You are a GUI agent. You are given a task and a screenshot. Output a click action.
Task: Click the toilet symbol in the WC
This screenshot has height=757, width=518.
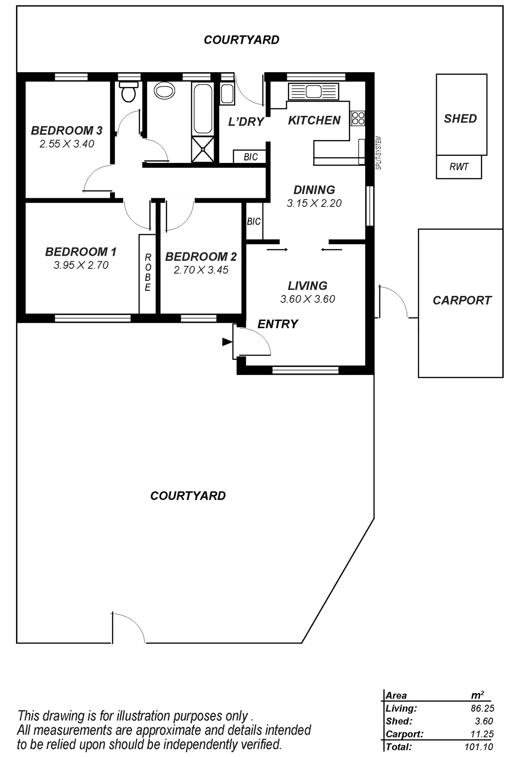coord(128,92)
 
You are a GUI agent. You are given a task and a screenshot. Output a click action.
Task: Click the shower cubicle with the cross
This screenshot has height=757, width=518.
coord(202,149)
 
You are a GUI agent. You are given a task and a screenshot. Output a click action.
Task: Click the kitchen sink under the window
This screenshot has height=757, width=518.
coord(313,91)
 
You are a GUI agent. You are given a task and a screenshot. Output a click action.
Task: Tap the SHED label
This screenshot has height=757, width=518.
coord(460,119)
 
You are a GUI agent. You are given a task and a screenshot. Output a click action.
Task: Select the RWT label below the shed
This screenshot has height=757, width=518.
coord(458,167)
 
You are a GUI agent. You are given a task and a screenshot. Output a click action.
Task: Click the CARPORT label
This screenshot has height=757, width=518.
coord(461,300)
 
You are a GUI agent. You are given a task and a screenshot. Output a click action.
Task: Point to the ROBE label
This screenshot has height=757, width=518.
coord(148,272)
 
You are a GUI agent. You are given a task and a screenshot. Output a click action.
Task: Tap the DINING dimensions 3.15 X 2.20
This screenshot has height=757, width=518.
coord(314,203)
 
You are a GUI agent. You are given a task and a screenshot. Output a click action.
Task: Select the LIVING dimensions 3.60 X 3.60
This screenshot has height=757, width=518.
coord(307,299)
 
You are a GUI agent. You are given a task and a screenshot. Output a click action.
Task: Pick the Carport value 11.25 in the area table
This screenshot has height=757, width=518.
coord(483,734)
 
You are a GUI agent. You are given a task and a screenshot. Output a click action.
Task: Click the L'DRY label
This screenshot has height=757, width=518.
coord(246,122)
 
